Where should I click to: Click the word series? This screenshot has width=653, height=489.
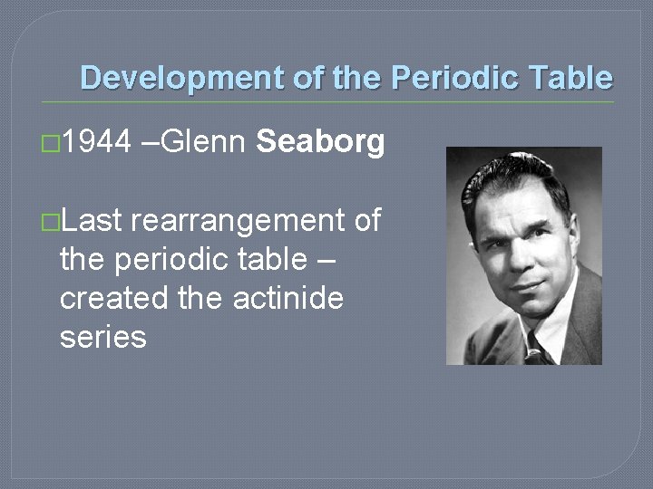pyautogui.click(x=102, y=337)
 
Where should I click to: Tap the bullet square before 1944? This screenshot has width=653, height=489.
pyautogui.click(x=52, y=143)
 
